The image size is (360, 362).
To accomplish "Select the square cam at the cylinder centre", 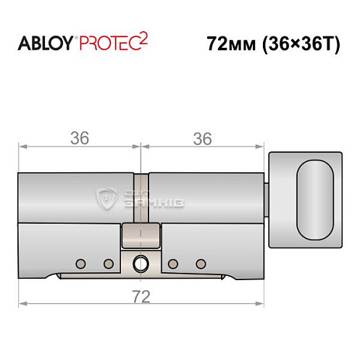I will click(x=141, y=235).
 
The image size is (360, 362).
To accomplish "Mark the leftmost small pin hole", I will click(x=81, y=263).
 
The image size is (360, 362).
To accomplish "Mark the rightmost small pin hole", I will click(x=201, y=263).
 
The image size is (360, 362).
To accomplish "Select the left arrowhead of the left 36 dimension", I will click(x=22, y=147).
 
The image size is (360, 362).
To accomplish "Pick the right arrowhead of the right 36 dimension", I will click(x=261, y=147).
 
